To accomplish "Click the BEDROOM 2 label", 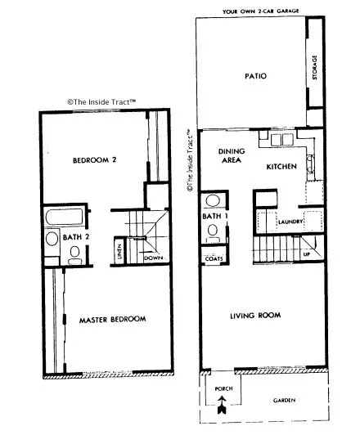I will tap(97, 159).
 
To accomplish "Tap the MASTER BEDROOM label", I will tap(112, 319).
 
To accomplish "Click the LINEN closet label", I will tap(119, 253).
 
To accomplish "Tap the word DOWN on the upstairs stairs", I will tap(153, 258).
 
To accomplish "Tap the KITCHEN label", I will tap(281, 167).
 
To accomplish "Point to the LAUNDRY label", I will tap(291, 222).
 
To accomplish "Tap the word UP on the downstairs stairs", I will tap(306, 253).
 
